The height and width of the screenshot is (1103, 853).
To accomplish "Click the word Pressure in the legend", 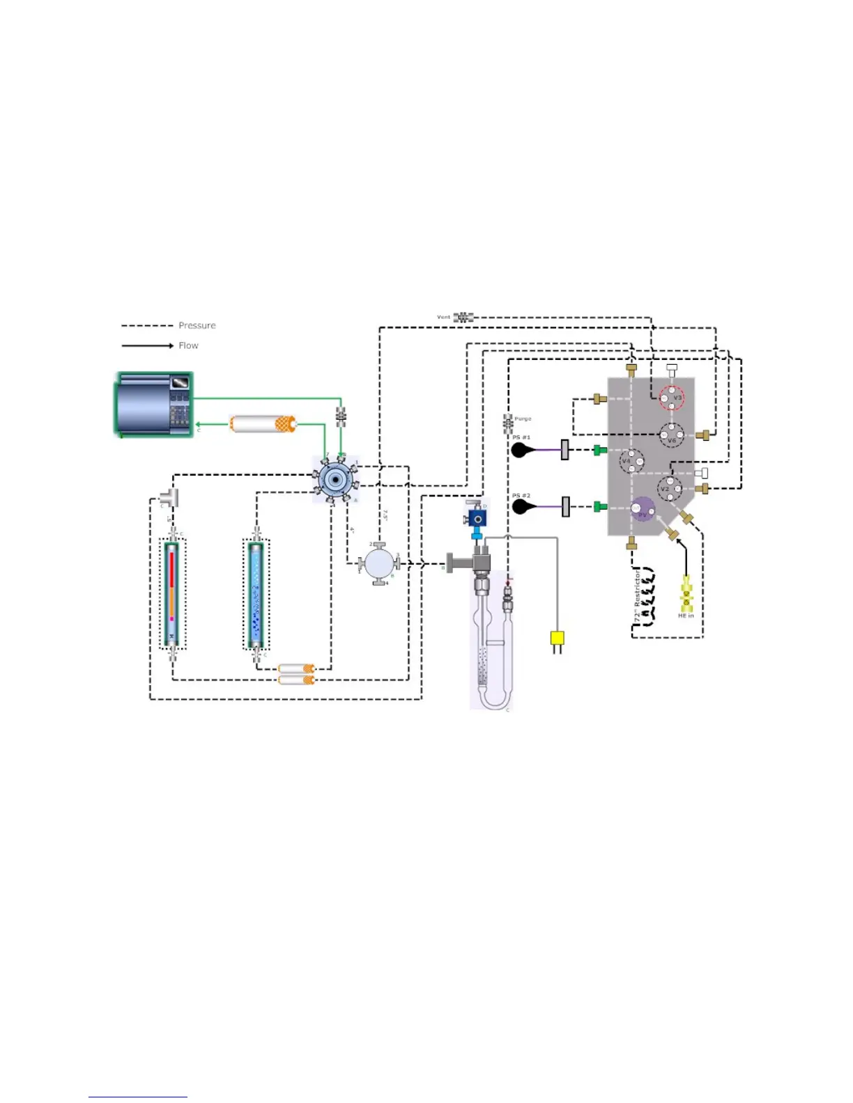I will click(197, 325).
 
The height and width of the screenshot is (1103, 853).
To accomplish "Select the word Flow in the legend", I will click(188, 345).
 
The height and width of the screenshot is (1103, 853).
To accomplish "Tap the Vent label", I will click(443, 318).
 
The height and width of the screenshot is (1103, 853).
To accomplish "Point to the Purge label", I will click(523, 419).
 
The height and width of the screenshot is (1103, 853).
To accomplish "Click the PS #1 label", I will click(521, 437).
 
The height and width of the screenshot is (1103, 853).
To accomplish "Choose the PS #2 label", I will click(521, 496).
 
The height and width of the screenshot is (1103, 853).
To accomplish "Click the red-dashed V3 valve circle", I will click(672, 398).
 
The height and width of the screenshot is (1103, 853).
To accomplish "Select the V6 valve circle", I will click(672, 435).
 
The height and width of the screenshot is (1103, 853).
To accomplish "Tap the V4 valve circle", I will click(631, 460).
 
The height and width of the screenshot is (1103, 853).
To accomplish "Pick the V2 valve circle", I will click(670, 488).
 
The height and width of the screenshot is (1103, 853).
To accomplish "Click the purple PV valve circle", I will click(643, 510).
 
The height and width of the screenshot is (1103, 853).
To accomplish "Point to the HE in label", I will click(686, 616).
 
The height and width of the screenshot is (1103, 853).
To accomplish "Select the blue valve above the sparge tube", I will click(477, 519).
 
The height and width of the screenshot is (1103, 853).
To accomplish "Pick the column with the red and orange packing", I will click(171, 593).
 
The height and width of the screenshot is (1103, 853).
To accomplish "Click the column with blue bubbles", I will click(256, 593).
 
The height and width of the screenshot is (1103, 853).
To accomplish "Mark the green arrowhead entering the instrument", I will click(199, 424).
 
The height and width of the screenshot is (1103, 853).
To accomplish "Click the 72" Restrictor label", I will click(637, 596).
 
